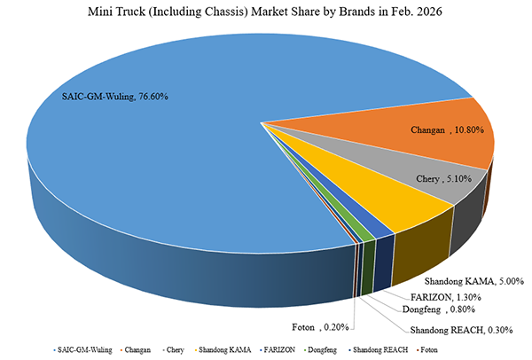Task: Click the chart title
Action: point(265,13)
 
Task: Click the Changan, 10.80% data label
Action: point(448,130)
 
